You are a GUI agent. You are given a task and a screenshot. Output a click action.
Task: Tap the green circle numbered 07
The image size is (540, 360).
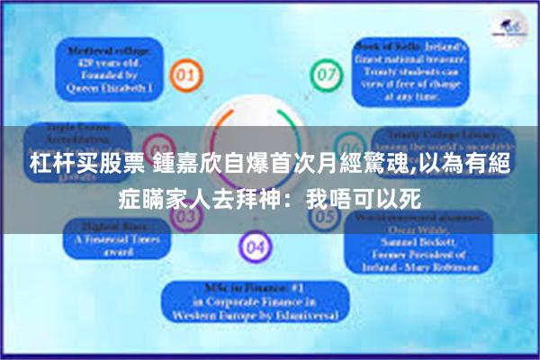[x=322, y=74]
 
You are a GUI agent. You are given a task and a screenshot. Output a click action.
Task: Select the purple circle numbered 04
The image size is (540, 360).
[x=254, y=244]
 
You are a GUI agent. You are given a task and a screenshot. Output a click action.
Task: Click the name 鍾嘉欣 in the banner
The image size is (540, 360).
[x=160, y=165]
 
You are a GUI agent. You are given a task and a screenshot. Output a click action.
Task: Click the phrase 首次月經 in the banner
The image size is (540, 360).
[x=274, y=165]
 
